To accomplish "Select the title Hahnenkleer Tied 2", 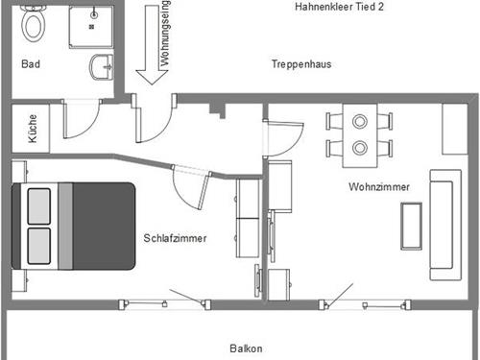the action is point(341,8).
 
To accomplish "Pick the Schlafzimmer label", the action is point(177,237).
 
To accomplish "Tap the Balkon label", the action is point(246,348).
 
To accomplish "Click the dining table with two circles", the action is point(360,135).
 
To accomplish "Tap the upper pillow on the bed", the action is point(38,205).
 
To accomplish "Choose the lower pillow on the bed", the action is point(38,245).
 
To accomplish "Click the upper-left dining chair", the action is point(335,121).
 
